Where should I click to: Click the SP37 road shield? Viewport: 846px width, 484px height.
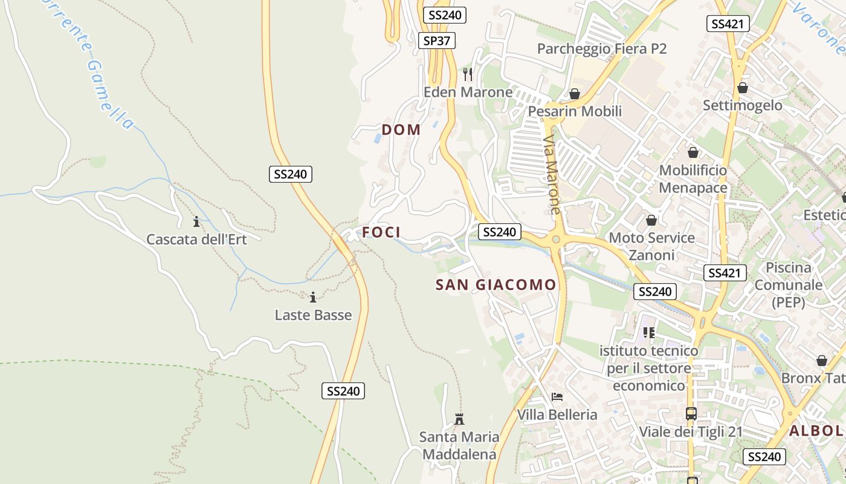[436, 41]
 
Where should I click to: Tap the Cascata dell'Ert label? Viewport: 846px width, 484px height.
[196, 239]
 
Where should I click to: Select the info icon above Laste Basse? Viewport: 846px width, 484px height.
[313, 297]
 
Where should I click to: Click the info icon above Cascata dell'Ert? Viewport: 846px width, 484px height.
[196, 221]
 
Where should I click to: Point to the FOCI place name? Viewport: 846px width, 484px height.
[381, 232]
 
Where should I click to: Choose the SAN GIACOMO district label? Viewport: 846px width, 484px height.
[496, 284]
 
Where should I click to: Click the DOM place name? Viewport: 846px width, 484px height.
[401, 129]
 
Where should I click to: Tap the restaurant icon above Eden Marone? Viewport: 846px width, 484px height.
[467, 74]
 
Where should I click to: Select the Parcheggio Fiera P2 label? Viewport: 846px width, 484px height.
[601, 48]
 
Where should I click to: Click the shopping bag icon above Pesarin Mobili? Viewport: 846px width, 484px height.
[574, 94]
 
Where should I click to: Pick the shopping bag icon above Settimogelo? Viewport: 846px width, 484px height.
[742, 88]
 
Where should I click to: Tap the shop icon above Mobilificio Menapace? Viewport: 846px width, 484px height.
[693, 152]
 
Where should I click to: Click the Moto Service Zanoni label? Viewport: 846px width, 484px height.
[651, 246]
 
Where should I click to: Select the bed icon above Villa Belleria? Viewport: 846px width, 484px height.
[557, 397]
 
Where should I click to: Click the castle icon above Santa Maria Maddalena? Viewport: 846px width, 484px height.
[459, 419]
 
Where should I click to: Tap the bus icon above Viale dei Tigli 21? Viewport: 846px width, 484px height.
[691, 414]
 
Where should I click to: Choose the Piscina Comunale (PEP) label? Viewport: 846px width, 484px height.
[788, 284]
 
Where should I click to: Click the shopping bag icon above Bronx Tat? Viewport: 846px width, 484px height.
[821, 361]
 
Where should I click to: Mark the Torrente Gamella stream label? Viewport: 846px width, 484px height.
[91, 64]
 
